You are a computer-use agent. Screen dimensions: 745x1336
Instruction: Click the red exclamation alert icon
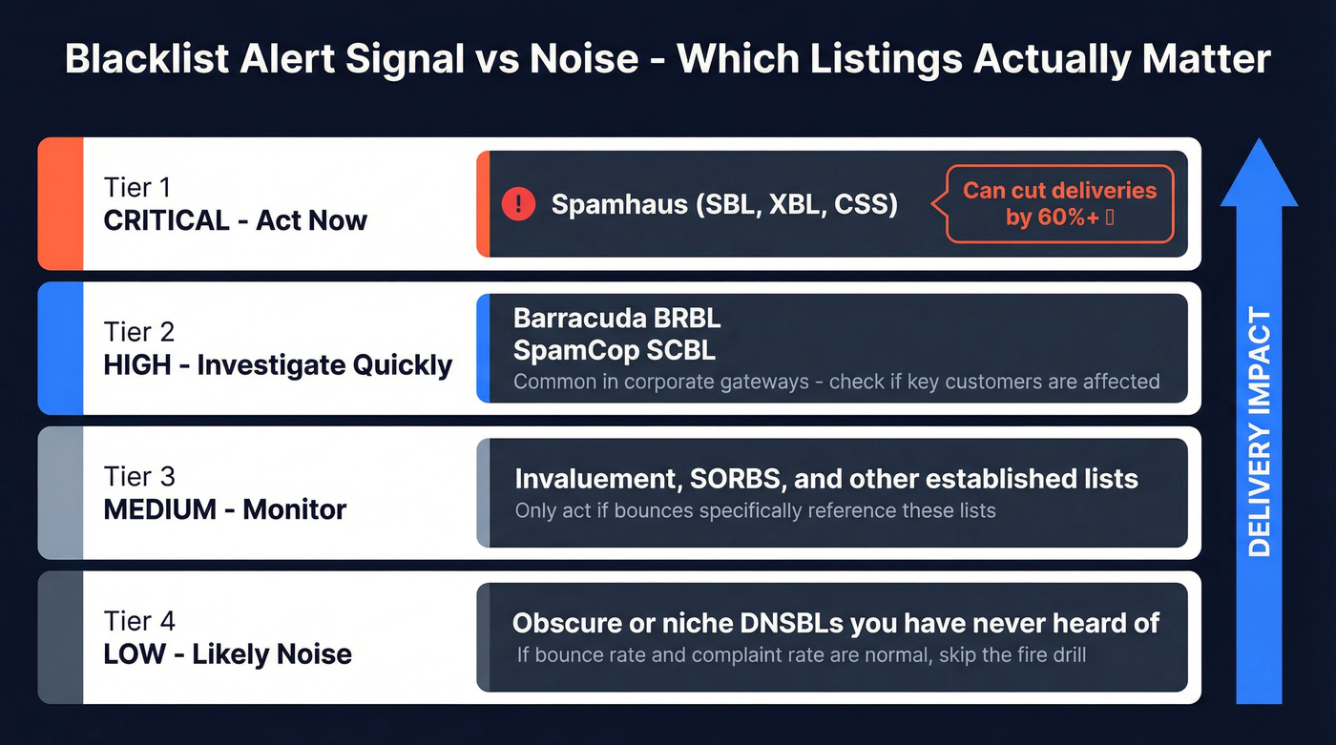(518, 203)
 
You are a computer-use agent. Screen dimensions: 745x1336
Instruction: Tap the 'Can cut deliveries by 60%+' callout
(1059, 203)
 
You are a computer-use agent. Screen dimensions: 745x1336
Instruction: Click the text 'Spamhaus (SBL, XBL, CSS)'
(724, 204)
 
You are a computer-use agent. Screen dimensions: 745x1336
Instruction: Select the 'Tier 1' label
(138, 188)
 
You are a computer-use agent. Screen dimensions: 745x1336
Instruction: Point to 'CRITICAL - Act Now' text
(235, 220)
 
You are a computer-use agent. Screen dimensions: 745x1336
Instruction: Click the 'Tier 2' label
(139, 332)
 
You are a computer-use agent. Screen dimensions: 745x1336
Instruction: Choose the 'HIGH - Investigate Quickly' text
(278, 365)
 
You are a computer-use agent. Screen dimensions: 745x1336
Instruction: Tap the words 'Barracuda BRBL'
(616, 318)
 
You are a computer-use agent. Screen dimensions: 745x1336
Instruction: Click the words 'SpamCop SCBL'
(615, 350)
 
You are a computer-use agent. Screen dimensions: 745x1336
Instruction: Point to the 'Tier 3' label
(139, 476)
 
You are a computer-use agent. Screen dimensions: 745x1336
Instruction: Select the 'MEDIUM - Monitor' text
(225, 509)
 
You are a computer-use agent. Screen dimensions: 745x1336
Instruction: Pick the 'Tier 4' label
(139, 621)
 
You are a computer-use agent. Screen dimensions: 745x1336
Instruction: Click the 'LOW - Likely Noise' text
(227, 654)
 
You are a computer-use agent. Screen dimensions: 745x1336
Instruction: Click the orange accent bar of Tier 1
(60, 203)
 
